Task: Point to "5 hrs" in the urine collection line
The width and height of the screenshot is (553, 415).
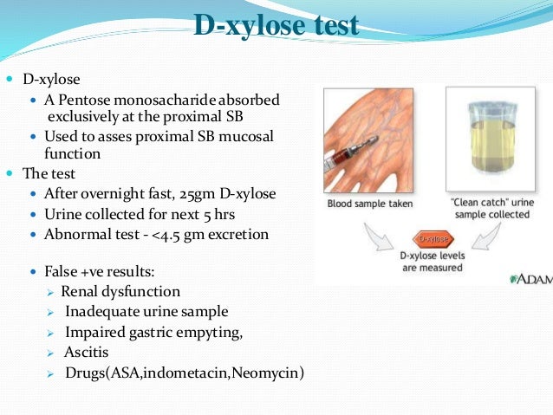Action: tap(200, 213)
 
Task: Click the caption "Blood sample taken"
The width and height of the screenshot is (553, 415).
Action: tap(370, 205)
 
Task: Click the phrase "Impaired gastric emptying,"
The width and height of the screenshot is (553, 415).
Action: tap(153, 332)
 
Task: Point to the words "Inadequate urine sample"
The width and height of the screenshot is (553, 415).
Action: tap(146, 311)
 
